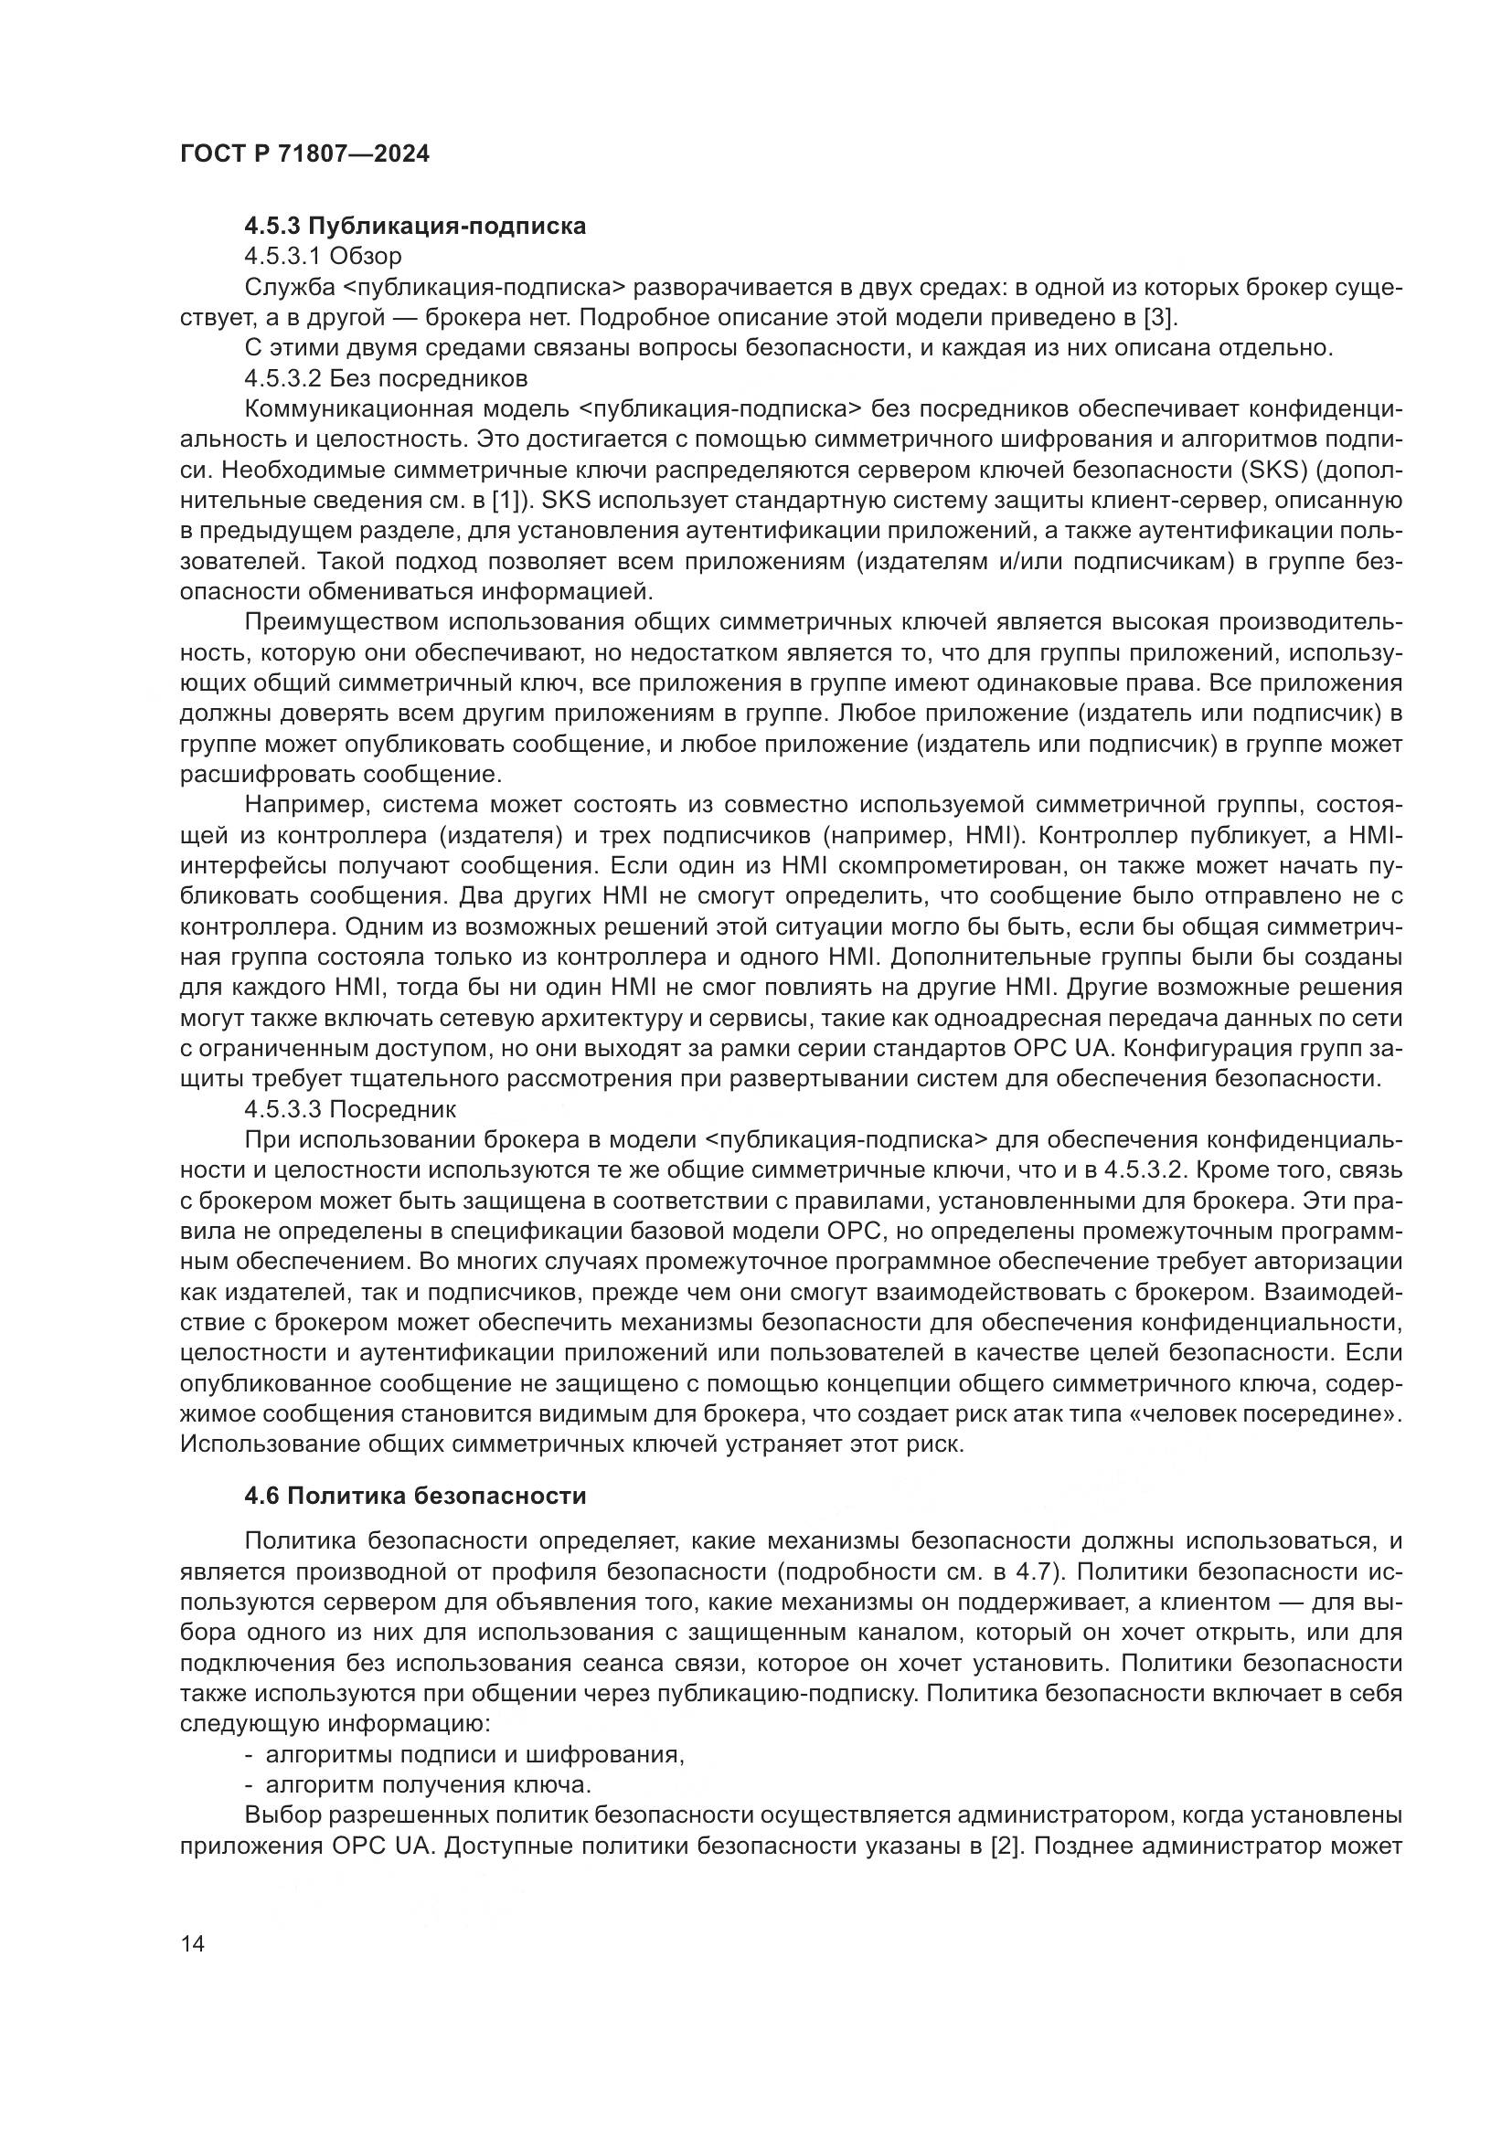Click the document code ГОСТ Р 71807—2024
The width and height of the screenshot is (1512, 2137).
tap(304, 154)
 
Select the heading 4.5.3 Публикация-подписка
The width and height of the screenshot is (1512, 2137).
tap(415, 227)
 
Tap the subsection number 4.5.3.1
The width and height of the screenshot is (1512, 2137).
tap(283, 256)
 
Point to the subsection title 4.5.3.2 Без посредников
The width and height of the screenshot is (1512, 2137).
tap(386, 379)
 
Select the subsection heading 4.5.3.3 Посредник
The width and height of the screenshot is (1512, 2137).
tap(350, 1109)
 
